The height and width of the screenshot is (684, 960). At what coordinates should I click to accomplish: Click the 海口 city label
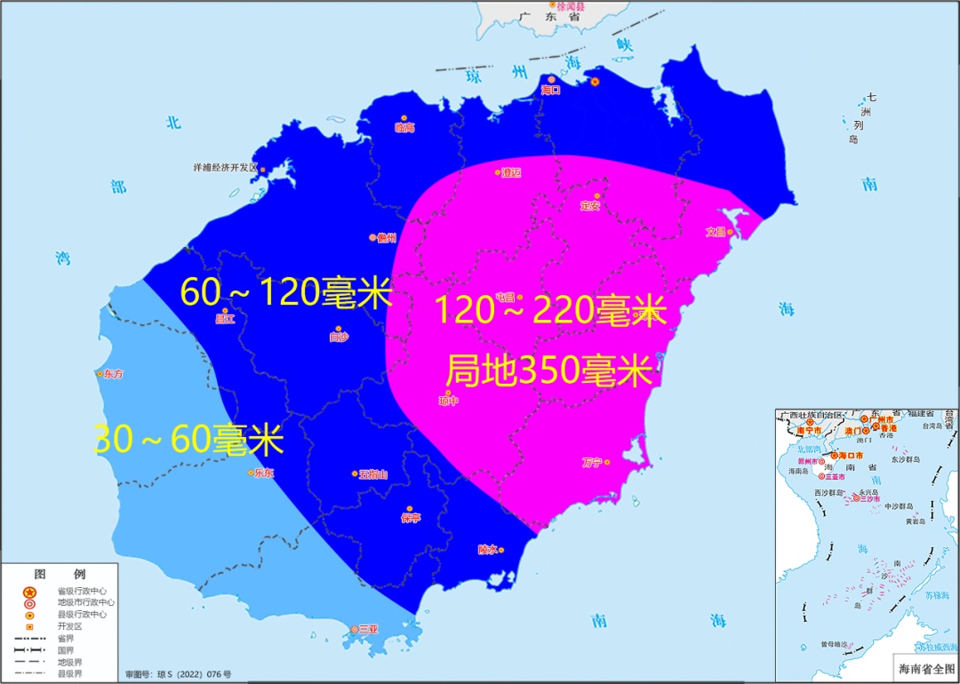[551, 90]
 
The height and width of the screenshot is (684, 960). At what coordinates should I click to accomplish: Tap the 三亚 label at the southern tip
[367, 629]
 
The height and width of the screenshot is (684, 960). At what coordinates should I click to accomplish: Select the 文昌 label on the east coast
[716, 233]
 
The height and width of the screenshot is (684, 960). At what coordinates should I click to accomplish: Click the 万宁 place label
[592, 462]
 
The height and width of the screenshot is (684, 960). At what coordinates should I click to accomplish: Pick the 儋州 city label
[386, 238]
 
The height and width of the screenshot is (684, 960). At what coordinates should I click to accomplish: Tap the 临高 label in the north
[404, 128]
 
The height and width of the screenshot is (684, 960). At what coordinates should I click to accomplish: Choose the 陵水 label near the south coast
[487, 550]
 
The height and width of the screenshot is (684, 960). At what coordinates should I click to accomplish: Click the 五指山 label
[373, 474]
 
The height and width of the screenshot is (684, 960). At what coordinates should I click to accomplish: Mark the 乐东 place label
[264, 473]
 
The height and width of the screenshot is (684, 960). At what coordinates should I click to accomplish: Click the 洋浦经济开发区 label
[226, 167]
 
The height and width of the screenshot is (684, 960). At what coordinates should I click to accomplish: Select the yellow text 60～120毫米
[285, 292]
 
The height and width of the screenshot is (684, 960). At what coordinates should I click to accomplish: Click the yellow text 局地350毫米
[548, 370]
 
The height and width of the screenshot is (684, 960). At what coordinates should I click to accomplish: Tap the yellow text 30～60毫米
[188, 440]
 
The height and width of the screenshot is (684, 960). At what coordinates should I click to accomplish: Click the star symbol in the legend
[28, 592]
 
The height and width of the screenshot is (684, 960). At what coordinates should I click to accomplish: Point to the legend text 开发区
[69, 625]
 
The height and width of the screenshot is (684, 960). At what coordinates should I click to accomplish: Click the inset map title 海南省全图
[924, 666]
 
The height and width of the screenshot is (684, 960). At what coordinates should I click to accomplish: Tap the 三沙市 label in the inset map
[870, 499]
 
